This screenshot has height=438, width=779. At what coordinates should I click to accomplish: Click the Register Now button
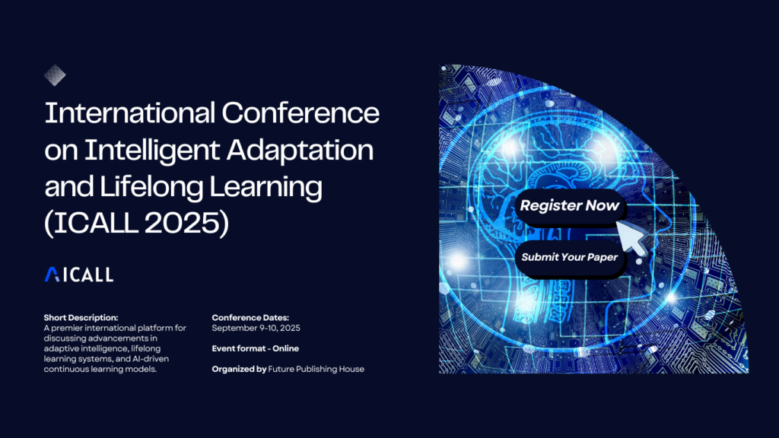[569, 205]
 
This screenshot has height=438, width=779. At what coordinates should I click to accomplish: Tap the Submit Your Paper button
[569, 257]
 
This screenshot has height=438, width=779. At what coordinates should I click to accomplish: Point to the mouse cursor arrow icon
[632, 237]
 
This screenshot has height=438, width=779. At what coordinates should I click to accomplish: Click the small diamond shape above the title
[55, 75]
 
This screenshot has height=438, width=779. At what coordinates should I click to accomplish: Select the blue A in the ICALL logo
[52, 274]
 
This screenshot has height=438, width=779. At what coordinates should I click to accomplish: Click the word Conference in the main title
[300, 113]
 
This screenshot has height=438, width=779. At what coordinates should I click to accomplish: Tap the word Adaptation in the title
[300, 150]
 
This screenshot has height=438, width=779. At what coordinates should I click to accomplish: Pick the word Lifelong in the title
[151, 187]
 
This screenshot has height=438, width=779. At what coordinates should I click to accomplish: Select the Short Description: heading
[81, 317]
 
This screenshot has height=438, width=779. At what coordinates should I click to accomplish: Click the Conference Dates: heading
[250, 317]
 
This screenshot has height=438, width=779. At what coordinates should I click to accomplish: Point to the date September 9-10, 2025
[256, 328]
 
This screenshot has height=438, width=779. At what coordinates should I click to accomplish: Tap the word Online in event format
[286, 348]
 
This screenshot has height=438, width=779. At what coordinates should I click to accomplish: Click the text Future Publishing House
[316, 369]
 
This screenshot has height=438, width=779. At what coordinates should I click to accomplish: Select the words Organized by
[239, 369]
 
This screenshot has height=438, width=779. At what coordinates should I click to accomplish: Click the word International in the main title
[129, 113]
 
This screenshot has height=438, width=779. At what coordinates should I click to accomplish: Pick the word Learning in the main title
[265, 187]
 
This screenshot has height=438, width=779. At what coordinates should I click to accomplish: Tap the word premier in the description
[68, 328]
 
